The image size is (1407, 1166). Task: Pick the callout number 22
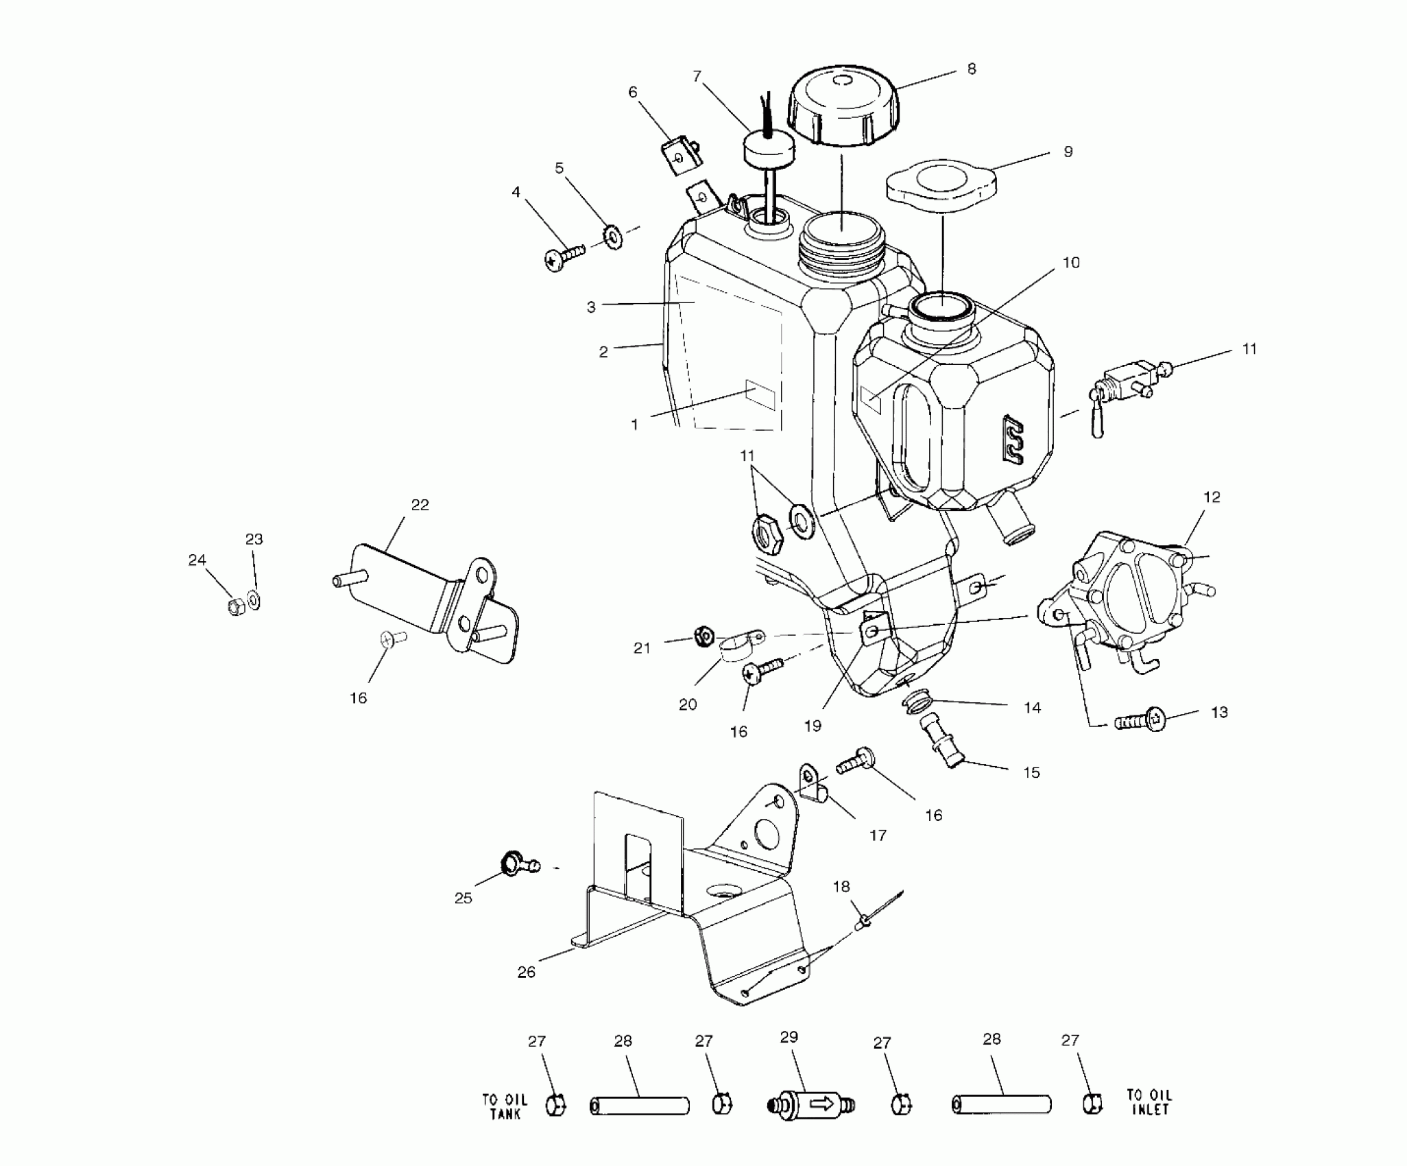[420, 505]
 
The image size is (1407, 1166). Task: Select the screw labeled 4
[564, 259]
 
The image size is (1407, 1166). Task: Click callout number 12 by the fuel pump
[1212, 497]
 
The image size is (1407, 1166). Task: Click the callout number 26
[526, 972]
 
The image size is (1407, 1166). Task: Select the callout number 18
[841, 886]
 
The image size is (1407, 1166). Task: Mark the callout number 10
[1071, 263]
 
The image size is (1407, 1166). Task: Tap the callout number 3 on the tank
[591, 307]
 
